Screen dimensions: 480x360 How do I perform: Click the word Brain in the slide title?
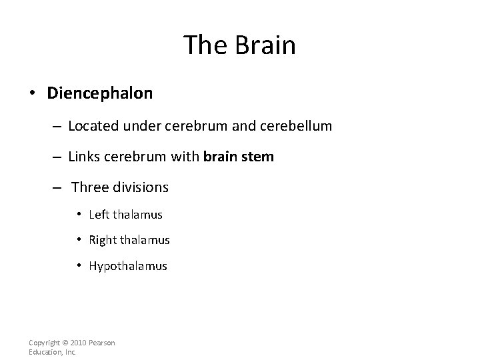pos(265,45)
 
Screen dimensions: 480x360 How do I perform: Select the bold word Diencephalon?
pos(100,93)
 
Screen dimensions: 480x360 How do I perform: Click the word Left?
pos(98,215)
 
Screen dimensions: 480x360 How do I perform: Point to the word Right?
pos(103,240)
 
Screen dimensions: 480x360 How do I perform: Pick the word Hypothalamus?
pos(128,266)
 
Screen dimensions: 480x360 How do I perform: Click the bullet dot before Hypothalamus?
pos(79,266)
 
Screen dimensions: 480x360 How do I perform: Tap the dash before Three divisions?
pos(58,187)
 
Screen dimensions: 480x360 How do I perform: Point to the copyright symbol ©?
pos(61,343)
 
